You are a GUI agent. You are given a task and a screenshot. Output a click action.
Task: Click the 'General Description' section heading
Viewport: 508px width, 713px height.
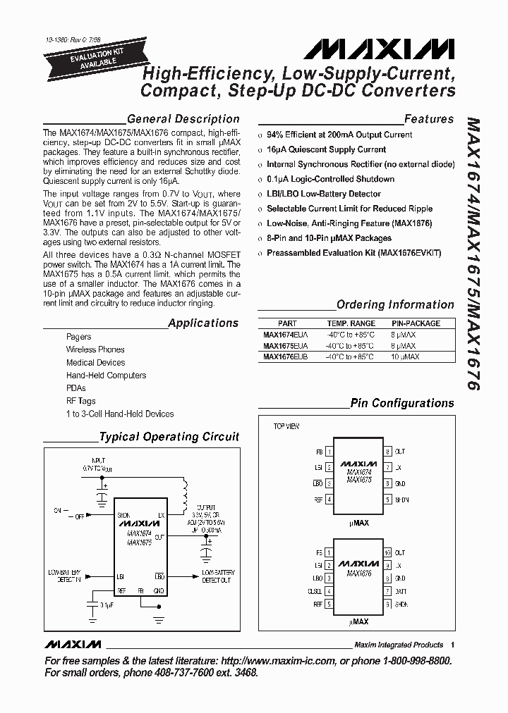(x=183, y=119)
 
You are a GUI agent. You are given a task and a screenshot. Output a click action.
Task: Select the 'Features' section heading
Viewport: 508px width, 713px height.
(x=428, y=119)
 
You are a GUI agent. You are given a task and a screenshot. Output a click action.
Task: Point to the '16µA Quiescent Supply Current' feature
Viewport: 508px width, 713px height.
(x=326, y=149)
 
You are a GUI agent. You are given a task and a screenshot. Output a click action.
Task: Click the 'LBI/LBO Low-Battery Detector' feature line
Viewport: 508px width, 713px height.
(x=323, y=194)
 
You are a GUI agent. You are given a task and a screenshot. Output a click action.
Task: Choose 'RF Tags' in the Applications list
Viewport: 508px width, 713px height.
(x=80, y=401)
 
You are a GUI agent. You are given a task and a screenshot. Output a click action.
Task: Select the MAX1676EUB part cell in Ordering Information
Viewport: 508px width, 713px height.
(x=286, y=356)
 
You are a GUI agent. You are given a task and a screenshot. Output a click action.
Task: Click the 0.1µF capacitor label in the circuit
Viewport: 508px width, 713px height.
(x=107, y=605)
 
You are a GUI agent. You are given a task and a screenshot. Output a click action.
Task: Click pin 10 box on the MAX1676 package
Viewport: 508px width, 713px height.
(x=387, y=553)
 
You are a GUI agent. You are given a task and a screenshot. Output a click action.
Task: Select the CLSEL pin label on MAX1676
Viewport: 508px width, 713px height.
(x=315, y=591)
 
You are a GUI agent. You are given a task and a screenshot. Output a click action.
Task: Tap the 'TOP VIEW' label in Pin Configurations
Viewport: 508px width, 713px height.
(x=286, y=427)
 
